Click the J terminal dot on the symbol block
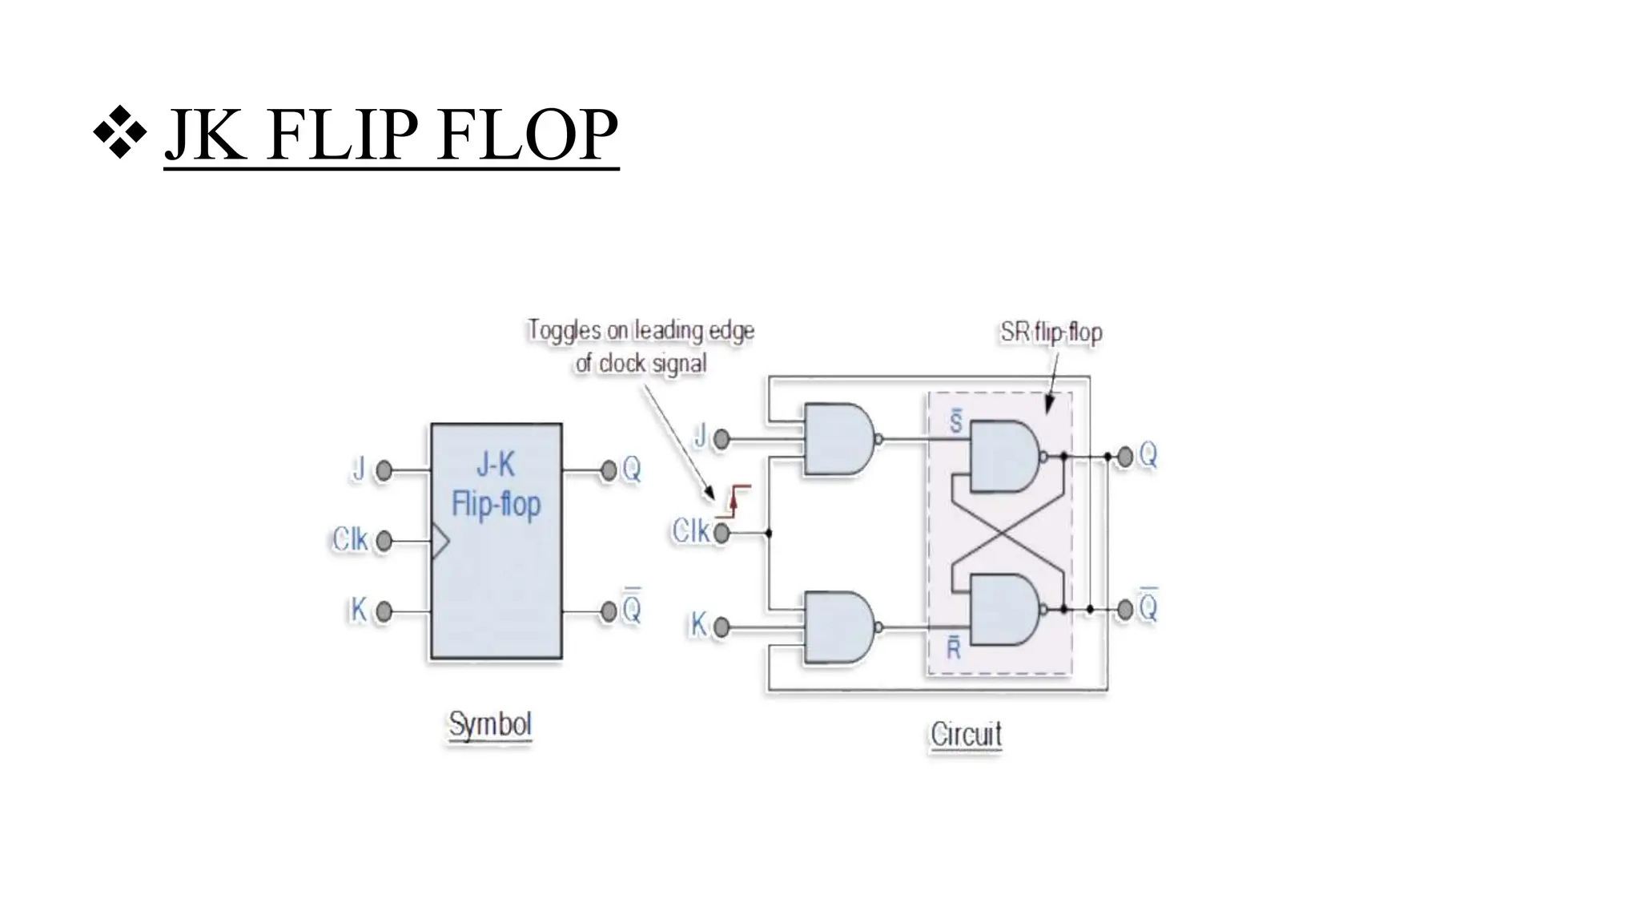coord(384,470)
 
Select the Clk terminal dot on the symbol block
coord(384,542)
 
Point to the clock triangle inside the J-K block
coord(440,542)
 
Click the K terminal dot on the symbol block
coord(384,612)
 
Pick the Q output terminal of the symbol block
coord(609,470)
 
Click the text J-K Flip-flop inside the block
coord(496,485)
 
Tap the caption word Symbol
coord(489,724)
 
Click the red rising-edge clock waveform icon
coord(738,500)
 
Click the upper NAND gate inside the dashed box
coord(1004,457)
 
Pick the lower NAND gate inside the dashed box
coord(1004,610)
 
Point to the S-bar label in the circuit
coord(955,422)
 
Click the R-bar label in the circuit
coord(953,647)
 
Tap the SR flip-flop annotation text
coord(1051,332)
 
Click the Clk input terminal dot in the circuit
coord(722,533)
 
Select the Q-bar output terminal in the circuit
coord(1125,610)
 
